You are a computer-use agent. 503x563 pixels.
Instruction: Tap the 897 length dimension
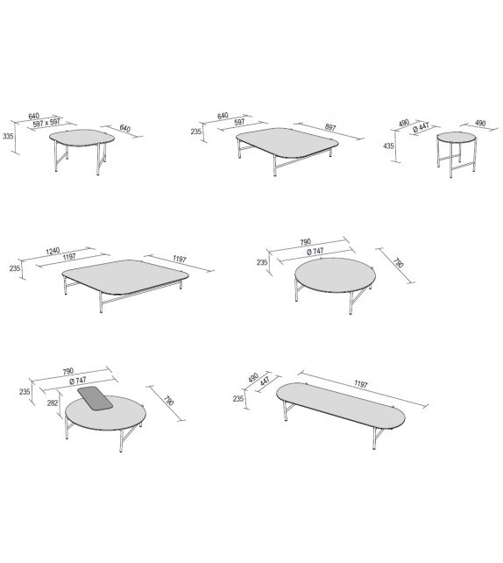329,127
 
